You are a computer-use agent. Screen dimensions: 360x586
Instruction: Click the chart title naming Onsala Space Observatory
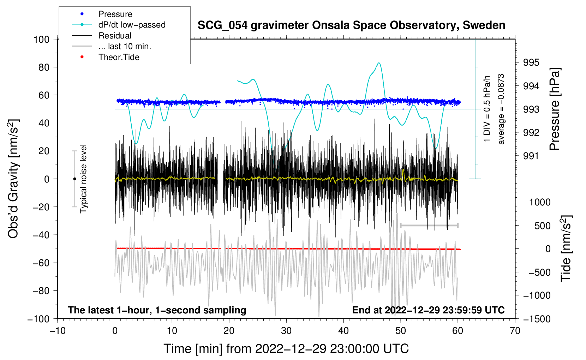click(351, 25)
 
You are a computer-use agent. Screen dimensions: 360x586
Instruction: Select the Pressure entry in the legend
click(115, 14)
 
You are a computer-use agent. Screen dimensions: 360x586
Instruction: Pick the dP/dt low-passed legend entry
click(132, 25)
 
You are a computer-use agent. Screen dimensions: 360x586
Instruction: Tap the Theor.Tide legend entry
click(119, 57)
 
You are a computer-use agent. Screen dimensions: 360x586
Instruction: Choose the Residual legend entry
click(115, 36)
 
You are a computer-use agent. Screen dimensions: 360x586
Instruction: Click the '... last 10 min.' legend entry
click(125, 46)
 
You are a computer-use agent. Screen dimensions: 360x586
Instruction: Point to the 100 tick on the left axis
click(41, 39)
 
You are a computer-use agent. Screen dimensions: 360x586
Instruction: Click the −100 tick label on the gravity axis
click(38, 319)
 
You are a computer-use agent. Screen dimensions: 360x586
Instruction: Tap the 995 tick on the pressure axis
click(531, 62)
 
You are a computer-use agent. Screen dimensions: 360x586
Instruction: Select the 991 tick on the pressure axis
click(531, 156)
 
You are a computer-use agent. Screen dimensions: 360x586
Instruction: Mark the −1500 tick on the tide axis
click(537, 319)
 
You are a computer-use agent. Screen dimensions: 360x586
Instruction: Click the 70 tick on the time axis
click(515, 331)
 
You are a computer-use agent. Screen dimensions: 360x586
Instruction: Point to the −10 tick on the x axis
click(58, 331)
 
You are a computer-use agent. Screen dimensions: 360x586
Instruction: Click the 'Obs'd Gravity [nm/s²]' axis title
click(13, 179)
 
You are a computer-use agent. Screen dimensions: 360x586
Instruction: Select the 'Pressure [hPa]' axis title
click(555, 109)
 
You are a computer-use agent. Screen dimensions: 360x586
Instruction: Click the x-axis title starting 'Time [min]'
click(286, 349)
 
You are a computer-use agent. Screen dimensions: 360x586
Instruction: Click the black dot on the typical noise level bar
click(74, 179)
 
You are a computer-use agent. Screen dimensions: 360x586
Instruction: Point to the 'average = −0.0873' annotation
click(501, 109)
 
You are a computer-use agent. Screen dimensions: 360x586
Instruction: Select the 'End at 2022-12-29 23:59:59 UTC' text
click(428, 310)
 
